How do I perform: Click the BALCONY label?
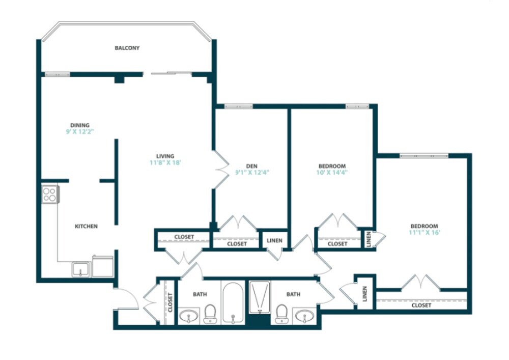click(127, 48)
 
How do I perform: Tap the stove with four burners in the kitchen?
click(50, 194)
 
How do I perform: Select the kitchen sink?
click(80, 269)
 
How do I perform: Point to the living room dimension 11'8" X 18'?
click(165, 163)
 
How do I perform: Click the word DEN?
click(251, 166)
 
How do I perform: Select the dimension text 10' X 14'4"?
click(332, 173)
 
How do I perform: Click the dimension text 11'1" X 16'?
click(424, 232)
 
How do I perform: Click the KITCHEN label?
click(86, 226)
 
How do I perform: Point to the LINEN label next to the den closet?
click(274, 241)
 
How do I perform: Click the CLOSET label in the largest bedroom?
click(421, 306)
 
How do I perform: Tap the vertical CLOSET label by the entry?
click(170, 302)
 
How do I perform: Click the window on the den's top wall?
click(238, 106)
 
